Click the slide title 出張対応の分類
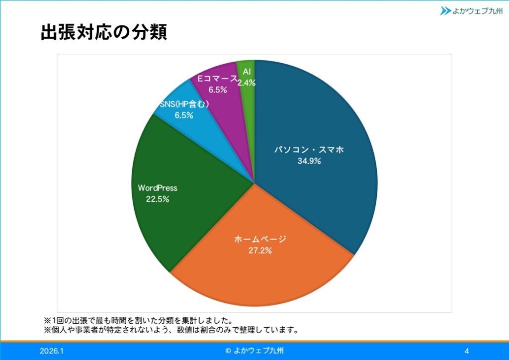103,32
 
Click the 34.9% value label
309,161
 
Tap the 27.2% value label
260,251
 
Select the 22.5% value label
158,199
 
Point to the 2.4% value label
246,83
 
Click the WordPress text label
158,188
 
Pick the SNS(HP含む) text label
183,104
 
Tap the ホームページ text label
260,240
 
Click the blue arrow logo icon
445,10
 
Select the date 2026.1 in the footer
52,351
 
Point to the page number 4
467,351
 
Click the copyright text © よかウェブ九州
254,351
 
